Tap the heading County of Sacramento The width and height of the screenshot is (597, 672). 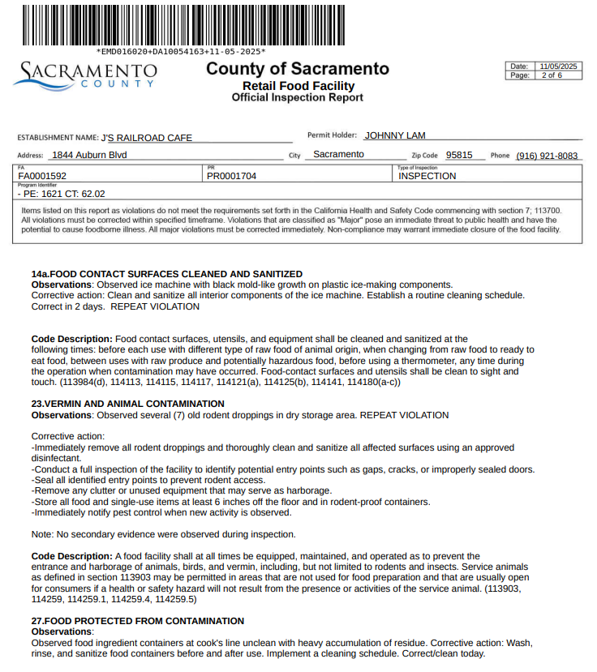coord(297,69)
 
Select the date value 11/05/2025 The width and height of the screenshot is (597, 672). coord(558,66)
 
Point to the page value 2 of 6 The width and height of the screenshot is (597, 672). coord(552,75)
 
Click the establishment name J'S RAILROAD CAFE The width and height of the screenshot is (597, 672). coord(147,138)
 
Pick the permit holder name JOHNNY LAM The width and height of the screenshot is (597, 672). coord(395,135)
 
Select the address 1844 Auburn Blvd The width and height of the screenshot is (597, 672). coord(88,155)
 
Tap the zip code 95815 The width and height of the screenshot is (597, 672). coord(459,155)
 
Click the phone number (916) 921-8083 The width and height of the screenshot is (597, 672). coord(547,156)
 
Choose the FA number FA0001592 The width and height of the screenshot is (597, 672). coord(42,175)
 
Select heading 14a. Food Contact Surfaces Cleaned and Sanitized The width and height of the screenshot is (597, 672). coord(166,274)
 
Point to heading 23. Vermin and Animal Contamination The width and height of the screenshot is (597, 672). coord(127,404)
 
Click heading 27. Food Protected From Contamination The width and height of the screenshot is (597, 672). coord(137,621)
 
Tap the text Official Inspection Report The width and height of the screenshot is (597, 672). coord(297,97)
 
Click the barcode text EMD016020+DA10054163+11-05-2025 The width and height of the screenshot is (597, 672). coord(180,50)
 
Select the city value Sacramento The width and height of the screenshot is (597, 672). coord(338,154)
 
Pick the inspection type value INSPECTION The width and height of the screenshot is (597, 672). coord(427,175)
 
